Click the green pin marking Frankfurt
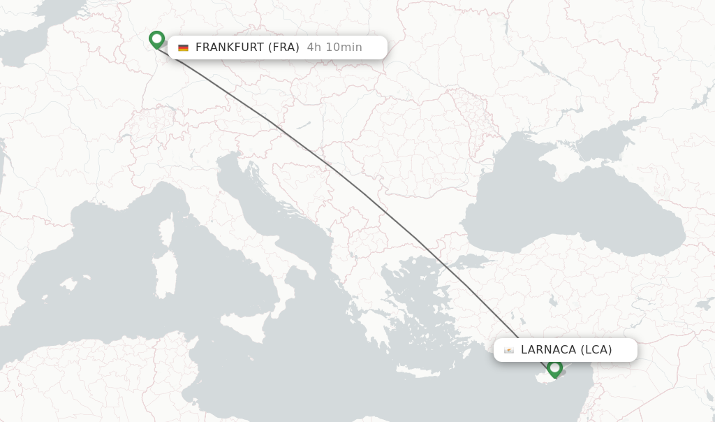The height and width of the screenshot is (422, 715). pos(156,38)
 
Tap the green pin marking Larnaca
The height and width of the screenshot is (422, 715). pos(555,368)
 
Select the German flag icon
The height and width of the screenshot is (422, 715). pos(183,48)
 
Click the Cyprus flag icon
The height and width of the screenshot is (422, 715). pos(509,350)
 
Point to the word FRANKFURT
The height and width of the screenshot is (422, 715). pos(230,48)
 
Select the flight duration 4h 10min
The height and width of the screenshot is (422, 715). pos(334,48)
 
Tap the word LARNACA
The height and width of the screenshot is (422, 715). pos(548,350)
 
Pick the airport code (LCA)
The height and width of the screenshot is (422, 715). pos(596,350)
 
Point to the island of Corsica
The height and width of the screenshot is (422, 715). pos(166,231)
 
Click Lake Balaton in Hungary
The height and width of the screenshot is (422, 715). pos(304,126)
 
